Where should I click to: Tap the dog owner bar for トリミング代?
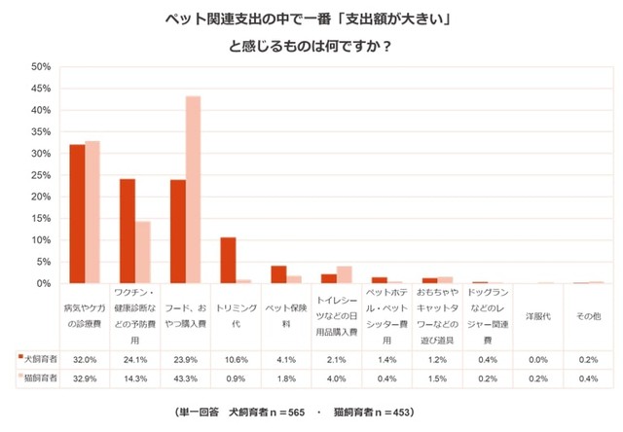228,260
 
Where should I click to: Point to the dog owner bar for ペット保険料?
278,274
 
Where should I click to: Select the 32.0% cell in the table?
85,358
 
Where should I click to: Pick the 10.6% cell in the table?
236,358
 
